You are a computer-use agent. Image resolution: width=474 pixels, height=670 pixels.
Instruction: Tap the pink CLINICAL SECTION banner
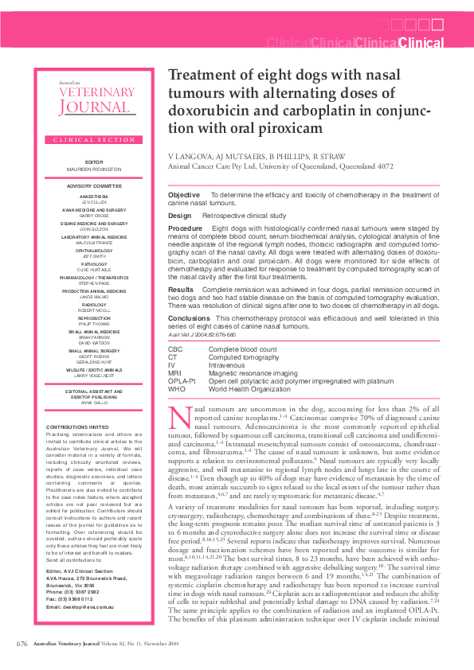tap(94, 139)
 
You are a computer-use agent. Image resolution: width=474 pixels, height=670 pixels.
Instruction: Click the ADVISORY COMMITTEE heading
tap(94, 185)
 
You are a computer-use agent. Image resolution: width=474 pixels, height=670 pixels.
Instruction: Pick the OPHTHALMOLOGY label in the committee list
tap(94, 250)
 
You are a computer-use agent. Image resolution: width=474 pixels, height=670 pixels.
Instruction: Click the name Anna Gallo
tap(94, 402)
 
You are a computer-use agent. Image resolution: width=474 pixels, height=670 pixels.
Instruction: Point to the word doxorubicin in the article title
tap(213, 110)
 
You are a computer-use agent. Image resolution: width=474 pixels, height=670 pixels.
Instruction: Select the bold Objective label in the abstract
tap(184, 195)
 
